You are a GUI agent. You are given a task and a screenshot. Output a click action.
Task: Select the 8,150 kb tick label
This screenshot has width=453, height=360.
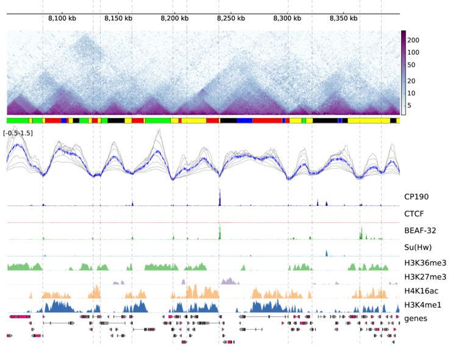click(x=118, y=19)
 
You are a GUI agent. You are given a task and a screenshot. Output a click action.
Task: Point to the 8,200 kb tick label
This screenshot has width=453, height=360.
click(x=174, y=19)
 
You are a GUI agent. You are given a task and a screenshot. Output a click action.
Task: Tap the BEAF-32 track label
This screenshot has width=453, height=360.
click(x=419, y=231)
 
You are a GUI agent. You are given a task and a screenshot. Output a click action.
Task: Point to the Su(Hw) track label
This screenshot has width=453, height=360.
click(x=418, y=248)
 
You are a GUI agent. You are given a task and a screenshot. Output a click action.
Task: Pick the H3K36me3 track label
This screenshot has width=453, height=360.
click(x=425, y=264)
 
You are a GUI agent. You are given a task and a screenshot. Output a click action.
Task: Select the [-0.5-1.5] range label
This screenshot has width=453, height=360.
click(x=18, y=133)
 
